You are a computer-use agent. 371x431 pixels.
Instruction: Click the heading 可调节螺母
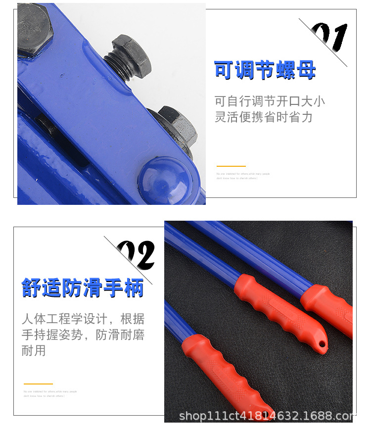click(x=265, y=71)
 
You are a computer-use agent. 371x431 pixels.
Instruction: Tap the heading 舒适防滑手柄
click(x=83, y=288)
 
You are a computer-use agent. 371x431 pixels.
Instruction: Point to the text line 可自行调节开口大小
click(x=270, y=102)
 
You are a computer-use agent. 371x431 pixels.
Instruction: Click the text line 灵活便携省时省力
click(x=264, y=117)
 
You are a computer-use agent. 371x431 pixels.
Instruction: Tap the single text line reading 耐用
click(x=34, y=351)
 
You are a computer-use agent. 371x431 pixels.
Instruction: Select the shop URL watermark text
click(x=266, y=416)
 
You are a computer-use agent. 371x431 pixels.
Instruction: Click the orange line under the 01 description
click(x=231, y=166)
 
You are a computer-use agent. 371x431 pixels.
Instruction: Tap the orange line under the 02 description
click(x=38, y=383)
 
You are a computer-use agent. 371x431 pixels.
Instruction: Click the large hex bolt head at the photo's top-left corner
click(x=34, y=30)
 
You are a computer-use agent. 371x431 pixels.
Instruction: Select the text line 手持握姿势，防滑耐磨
click(x=83, y=335)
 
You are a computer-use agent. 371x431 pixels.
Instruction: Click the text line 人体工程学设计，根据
click(x=83, y=319)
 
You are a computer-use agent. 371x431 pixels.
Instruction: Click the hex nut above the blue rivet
click(x=176, y=127)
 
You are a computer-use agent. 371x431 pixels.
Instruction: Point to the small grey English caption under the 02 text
click(x=50, y=393)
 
